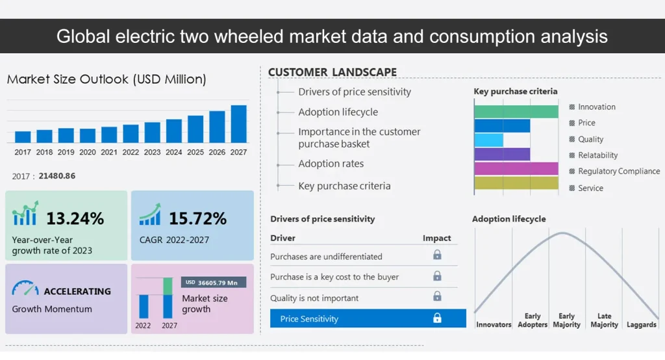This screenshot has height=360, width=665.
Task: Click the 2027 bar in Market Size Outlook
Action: pyautogui.click(x=238, y=124)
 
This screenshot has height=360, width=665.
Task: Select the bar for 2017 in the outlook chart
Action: pyautogui.click(x=23, y=136)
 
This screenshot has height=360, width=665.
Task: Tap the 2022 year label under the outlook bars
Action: pyautogui.click(x=131, y=152)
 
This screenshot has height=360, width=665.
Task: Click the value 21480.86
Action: pyautogui.click(x=56, y=176)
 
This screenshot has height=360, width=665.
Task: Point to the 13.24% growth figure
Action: pyautogui.click(x=75, y=218)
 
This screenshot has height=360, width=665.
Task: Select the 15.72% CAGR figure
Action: pyautogui.click(x=197, y=218)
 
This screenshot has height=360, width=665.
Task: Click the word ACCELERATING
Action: pyautogui.click(x=77, y=291)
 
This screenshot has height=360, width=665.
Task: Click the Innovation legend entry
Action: pyautogui.click(x=596, y=107)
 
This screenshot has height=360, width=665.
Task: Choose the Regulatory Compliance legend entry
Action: pyautogui.click(x=618, y=172)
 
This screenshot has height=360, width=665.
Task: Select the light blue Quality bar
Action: pyautogui.click(x=488, y=140)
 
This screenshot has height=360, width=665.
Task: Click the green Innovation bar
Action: pyautogui.click(x=516, y=111)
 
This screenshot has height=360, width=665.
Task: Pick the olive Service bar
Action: pyautogui.click(x=516, y=183)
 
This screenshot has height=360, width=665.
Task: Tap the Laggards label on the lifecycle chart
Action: pyautogui.click(x=641, y=324)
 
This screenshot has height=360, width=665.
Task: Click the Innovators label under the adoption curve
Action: pyautogui.click(x=494, y=324)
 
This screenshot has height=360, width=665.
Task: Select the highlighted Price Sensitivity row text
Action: pyautogui.click(x=309, y=319)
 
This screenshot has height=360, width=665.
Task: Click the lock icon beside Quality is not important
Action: pyautogui.click(x=437, y=297)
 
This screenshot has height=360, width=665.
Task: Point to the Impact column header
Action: pyautogui.click(x=436, y=238)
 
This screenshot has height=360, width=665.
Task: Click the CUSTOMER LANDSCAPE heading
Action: pyautogui.click(x=332, y=72)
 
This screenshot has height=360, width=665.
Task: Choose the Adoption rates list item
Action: pyautogui.click(x=331, y=164)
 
